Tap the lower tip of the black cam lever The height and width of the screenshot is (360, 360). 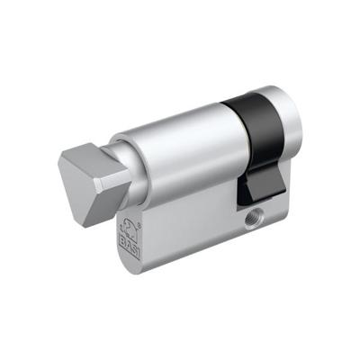point(251,200)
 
